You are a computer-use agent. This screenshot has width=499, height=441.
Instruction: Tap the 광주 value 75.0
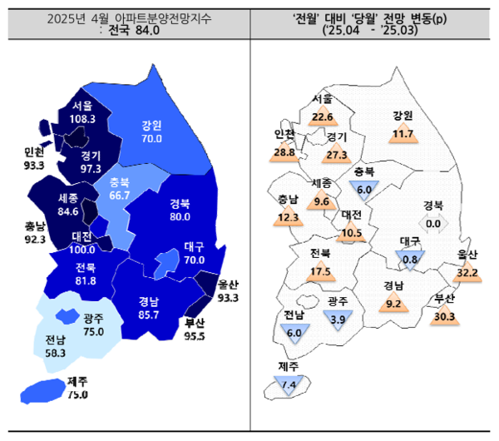coord(94,331)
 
